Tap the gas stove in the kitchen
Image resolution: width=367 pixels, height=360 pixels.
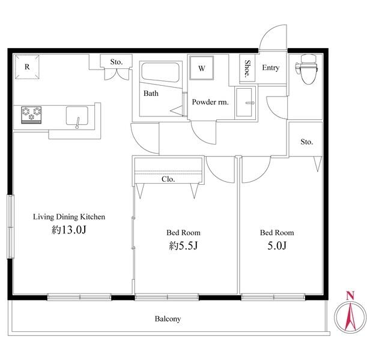31,115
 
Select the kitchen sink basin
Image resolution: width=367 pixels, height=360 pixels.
77,116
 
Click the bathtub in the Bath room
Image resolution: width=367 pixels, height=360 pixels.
160,72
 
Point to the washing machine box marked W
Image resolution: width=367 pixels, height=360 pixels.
202,68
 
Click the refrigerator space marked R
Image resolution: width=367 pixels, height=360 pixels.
27,67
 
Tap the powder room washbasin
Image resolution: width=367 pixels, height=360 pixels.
244,103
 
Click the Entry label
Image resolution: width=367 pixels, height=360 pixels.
270,68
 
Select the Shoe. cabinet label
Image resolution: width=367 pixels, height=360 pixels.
247,69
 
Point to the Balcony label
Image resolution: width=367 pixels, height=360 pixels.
168,319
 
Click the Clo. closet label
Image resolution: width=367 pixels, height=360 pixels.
168,179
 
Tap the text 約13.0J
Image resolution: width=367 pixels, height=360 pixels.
69,230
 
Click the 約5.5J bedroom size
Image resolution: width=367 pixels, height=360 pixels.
184,245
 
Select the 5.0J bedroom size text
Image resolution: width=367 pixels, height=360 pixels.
277,245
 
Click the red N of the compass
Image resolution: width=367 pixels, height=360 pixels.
350,296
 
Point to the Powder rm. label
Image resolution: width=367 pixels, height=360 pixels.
210,102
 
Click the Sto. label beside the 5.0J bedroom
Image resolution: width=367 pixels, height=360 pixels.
306,142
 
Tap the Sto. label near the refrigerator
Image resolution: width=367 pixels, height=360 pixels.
117,62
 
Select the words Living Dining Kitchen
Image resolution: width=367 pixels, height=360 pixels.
69,217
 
